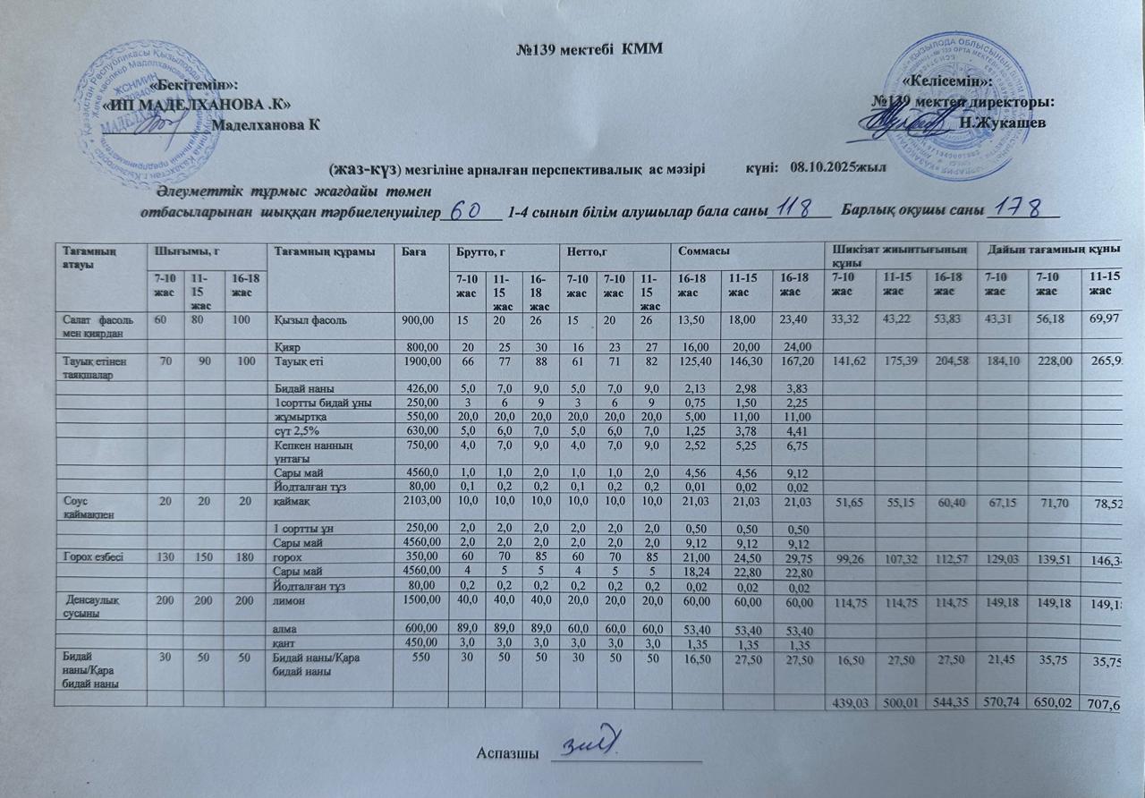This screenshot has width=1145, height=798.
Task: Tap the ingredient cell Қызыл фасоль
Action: point(310,320)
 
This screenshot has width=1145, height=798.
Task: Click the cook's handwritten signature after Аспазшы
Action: point(594,744)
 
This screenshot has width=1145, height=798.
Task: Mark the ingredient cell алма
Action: point(285,628)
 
